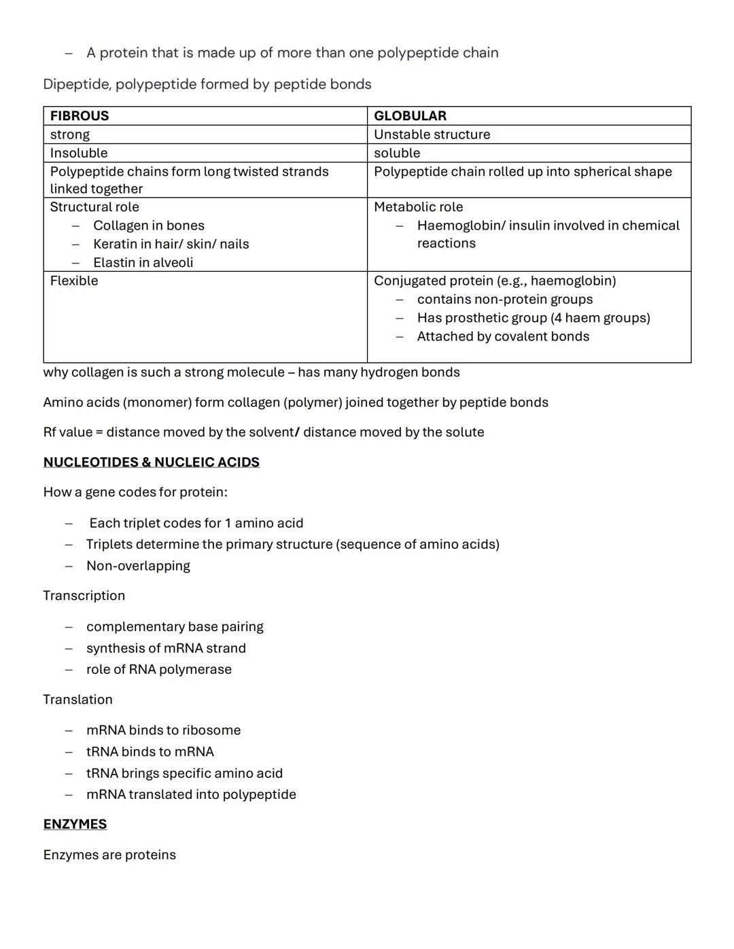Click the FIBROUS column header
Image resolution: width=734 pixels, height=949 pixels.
(x=80, y=116)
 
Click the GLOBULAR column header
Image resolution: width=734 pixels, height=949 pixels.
(x=410, y=116)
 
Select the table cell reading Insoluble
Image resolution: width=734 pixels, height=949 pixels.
(x=79, y=154)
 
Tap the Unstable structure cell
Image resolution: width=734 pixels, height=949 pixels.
(x=432, y=135)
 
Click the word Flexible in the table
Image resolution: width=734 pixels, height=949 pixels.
(x=74, y=281)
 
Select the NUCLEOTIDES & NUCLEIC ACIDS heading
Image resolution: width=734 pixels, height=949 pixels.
(x=151, y=463)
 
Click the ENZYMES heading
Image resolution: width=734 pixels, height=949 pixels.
(x=75, y=825)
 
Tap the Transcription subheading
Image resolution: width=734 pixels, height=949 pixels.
(x=84, y=596)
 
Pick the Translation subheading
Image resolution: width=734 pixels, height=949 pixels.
(x=78, y=700)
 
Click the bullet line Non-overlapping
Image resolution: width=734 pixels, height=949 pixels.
(x=138, y=566)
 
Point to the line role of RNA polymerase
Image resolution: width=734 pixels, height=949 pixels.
(x=159, y=670)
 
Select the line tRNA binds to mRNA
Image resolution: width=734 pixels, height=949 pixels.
(x=150, y=752)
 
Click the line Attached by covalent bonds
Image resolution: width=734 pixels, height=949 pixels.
(x=503, y=337)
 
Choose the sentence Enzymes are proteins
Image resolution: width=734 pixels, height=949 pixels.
(x=109, y=855)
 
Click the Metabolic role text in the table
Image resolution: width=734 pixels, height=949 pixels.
(x=418, y=207)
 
